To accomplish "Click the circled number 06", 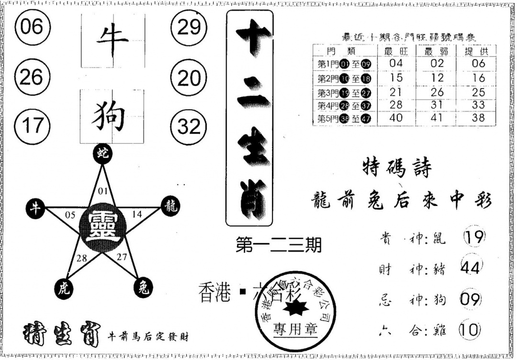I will [x=32, y=27].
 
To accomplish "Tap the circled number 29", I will [x=189, y=27].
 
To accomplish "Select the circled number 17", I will [x=32, y=126].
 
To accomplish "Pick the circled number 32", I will [x=189, y=126].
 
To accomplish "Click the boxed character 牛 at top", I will [x=112, y=40].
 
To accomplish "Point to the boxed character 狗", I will [x=112, y=116].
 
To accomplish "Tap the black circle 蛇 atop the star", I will [x=102, y=154].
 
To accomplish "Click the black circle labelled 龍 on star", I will [x=171, y=206].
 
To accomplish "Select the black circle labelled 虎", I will [x=62, y=288].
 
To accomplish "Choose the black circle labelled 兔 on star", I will [x=142, y=288].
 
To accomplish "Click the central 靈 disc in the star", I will [x=102, y=225].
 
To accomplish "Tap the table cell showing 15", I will [x=396, y=78].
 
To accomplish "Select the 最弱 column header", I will [x=437, y=51].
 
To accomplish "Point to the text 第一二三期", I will [x=279, y=245].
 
